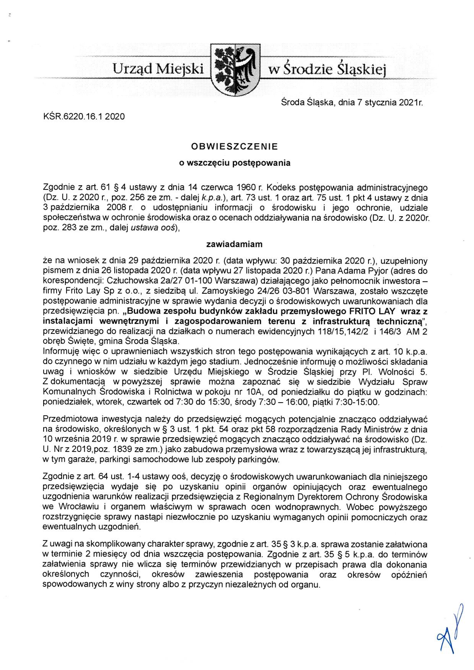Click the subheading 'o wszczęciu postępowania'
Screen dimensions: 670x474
pyautogui.click(x=235, y=163)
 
